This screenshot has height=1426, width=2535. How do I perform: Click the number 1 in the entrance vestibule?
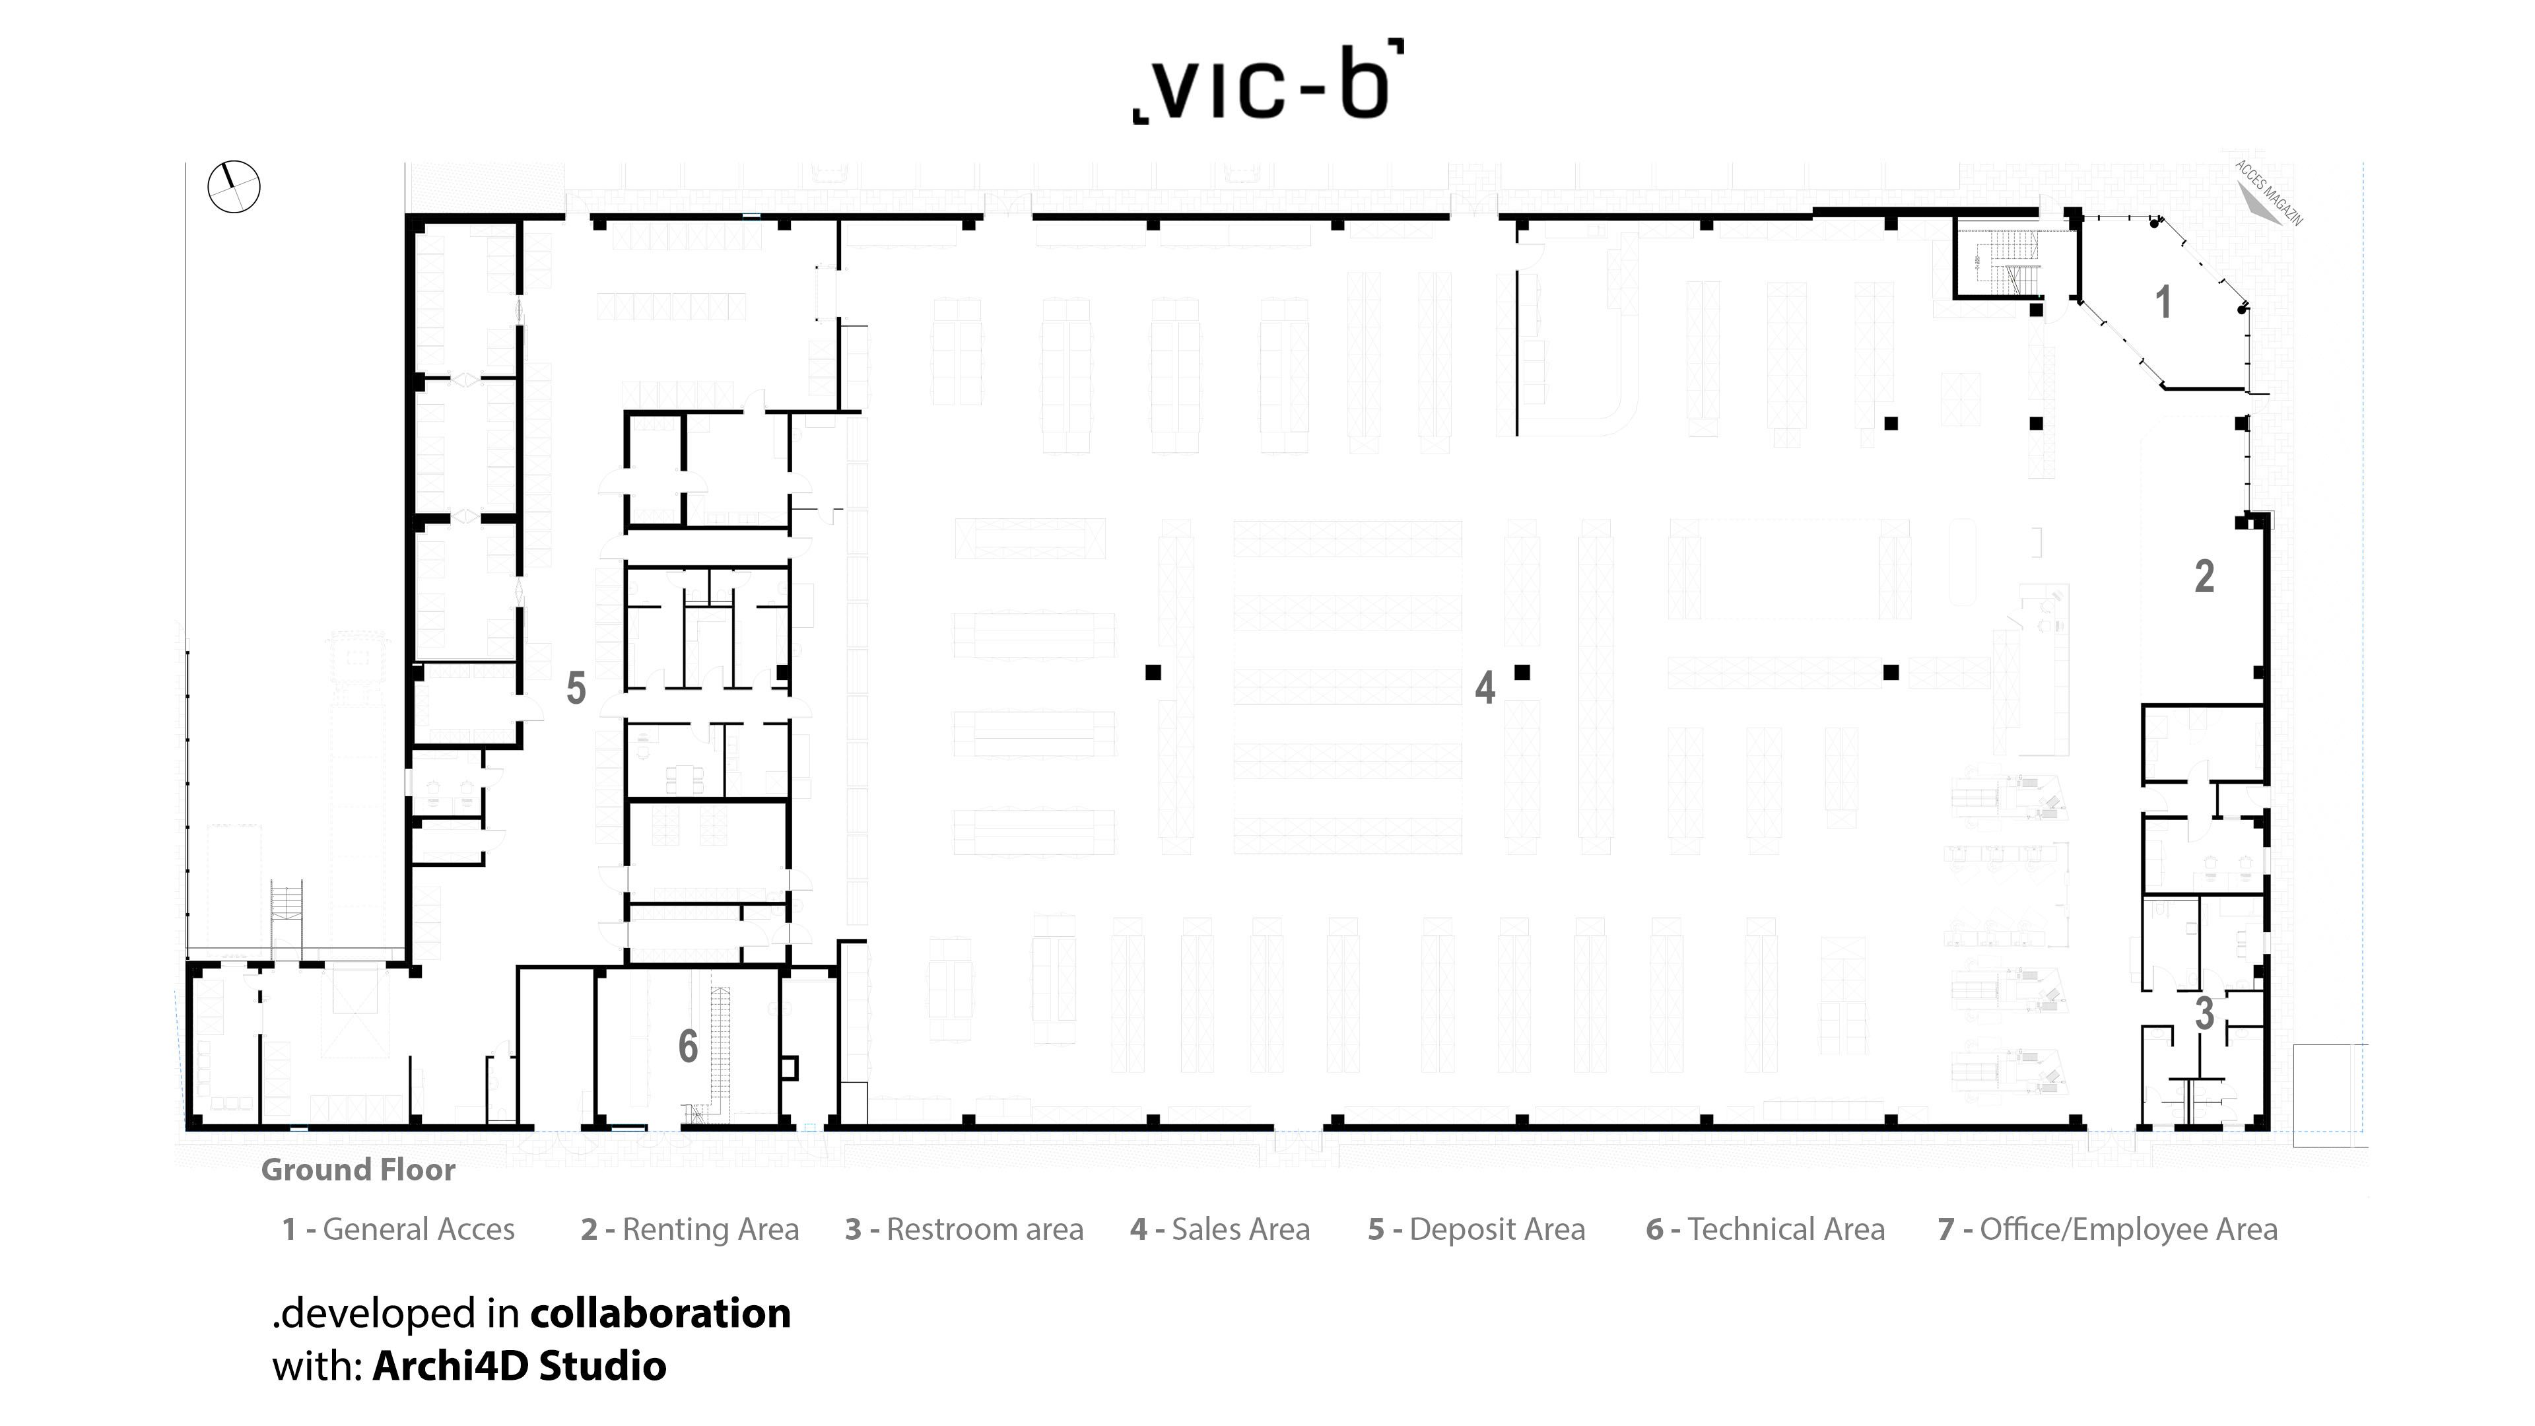[2163, 302]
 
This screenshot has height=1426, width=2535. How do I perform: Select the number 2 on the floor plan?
[2204, 577]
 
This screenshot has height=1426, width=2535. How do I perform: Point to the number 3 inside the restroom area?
[2204, 1013]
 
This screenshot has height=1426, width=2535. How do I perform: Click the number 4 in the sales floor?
[1485, 688]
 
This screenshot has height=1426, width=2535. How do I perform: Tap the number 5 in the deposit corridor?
[576, 688]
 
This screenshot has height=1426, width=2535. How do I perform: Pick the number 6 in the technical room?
[688, 1046]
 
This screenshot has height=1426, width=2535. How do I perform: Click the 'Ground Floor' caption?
[358, 1170]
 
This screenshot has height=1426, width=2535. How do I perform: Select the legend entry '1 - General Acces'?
[399, 1229]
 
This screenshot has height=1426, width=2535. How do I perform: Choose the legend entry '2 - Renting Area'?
[690, 1229]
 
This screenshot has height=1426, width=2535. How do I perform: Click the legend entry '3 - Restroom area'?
[964, 1229]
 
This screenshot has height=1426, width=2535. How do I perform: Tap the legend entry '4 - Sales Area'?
[1220, 1229]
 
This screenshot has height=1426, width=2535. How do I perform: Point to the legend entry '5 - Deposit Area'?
[1476, 1229]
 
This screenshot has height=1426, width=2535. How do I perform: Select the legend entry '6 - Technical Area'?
[1765, 1229]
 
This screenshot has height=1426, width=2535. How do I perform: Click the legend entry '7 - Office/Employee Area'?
[2108, 1229]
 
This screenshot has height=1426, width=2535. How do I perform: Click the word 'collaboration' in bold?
[660, 1313]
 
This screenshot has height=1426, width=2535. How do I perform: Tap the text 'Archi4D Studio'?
[520, 1366]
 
